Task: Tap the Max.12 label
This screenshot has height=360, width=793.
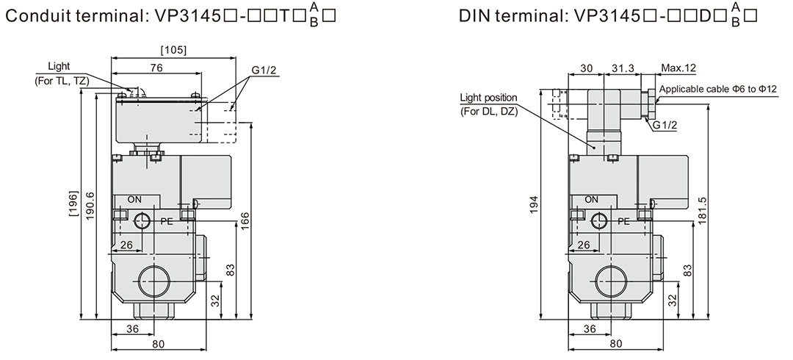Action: (x=678, y=68)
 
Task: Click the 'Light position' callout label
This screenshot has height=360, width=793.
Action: (x=488, y=97)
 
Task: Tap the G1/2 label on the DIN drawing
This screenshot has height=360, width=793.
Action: (x=664, y=124)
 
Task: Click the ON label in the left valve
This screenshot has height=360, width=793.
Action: (x=135, y=199)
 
